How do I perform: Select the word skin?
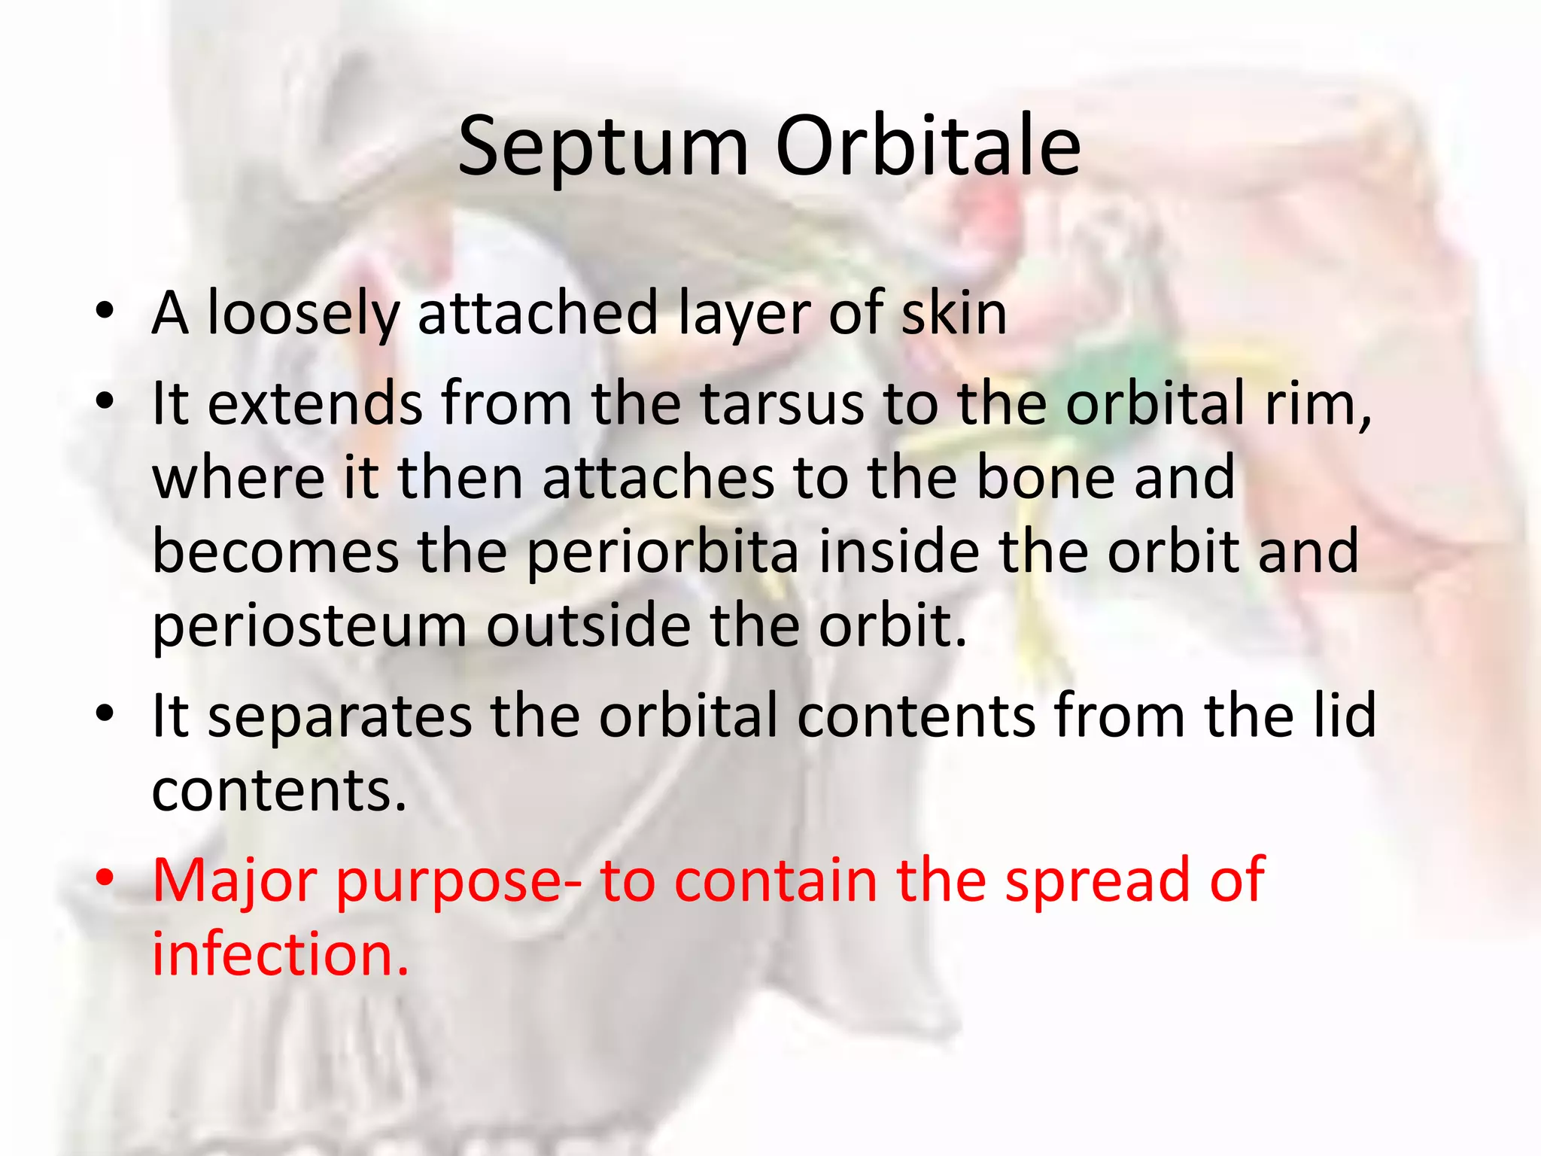953,314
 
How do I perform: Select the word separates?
339,716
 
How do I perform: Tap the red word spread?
1098,881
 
